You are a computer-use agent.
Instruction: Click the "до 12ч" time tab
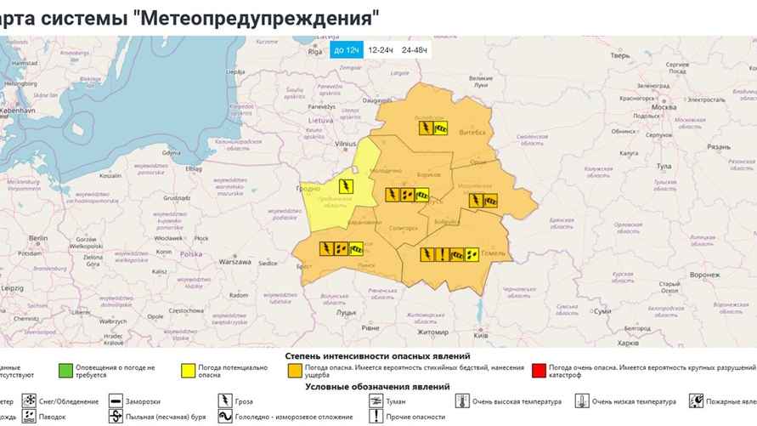coord(347,50)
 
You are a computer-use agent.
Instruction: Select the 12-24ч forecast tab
coord(381,50)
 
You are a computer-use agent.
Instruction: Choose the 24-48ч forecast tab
coord(415,50)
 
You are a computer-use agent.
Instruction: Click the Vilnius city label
coord(345,145)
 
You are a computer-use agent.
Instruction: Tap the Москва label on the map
coord(662,108)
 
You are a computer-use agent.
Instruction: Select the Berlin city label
coord(37,239)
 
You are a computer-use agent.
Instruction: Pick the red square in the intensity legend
coord(537,370)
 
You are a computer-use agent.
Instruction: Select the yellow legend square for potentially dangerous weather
coord(186,370)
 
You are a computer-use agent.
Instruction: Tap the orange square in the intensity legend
coord(294,370)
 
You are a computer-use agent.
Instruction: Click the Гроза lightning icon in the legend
coord(225,400)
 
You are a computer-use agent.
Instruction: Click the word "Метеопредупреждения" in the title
coord(254,16)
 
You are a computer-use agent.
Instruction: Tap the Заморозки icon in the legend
coord(116,400)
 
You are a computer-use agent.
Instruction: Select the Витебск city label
coord(474,133)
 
